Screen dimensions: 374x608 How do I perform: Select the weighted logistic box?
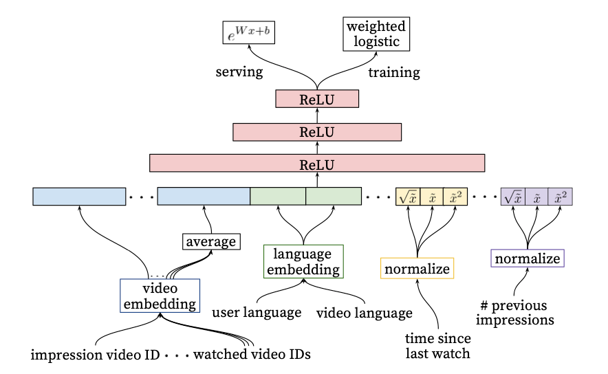pos(376,34)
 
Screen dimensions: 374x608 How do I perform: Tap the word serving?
pos(239,72)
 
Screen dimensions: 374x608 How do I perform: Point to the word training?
pos(395,72)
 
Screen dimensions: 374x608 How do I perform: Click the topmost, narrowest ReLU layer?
pos(317,99)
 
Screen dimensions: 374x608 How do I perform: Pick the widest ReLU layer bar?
pos(317,164)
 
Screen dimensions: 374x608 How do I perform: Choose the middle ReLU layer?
pos(317,131)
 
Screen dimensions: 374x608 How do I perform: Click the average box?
pos(210,242)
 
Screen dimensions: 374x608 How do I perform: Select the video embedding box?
pos(160,296)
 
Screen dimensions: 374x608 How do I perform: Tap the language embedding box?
pos(303,262)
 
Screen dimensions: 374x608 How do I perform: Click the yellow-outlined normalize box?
pos(417,268)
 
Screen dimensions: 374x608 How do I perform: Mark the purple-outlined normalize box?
pos(528,258)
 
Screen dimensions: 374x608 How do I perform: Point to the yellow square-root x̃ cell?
pos(407,197)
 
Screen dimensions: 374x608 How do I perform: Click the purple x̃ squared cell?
pos(561,197)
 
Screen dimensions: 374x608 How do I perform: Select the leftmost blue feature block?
pos(79,196)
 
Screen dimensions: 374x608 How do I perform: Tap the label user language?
pos(256,313)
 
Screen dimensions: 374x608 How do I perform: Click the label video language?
pos(364,313)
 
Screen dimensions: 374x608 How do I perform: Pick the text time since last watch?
pos(438,345)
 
